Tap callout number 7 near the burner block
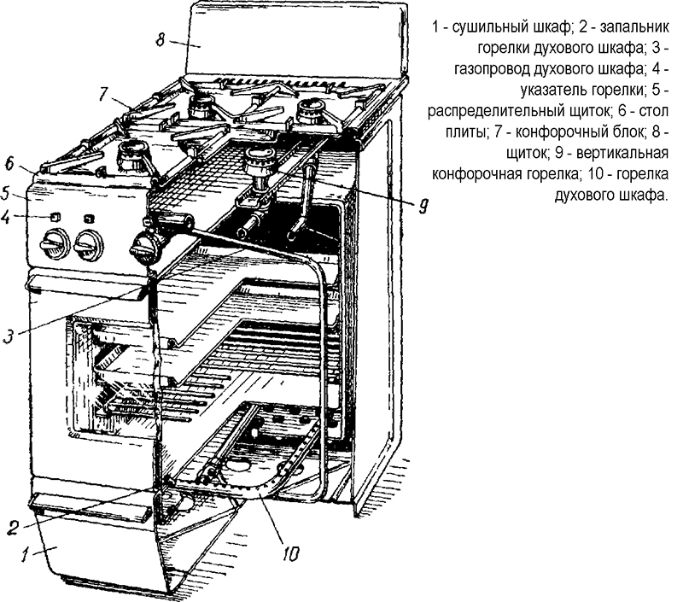point(104,94)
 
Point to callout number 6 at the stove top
point(9,162)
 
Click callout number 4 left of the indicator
point(6,216)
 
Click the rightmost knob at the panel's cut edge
point(143,250)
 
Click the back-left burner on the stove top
point(201,105)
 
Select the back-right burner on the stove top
point(309,109)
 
